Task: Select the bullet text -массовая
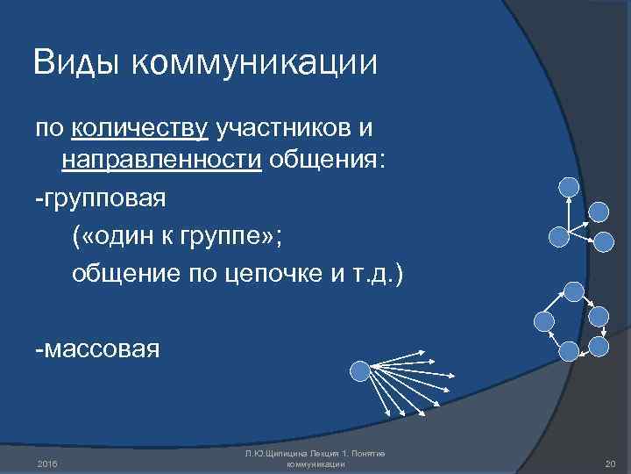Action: pyautogui.click(x=97, y=349)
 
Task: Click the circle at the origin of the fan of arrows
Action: pyautogui.click(x=359, y=371)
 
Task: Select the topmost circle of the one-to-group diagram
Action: pyautogui.click(x=569, y=186)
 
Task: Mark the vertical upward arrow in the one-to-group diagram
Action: pyautogui.click(x=569, y=215)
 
